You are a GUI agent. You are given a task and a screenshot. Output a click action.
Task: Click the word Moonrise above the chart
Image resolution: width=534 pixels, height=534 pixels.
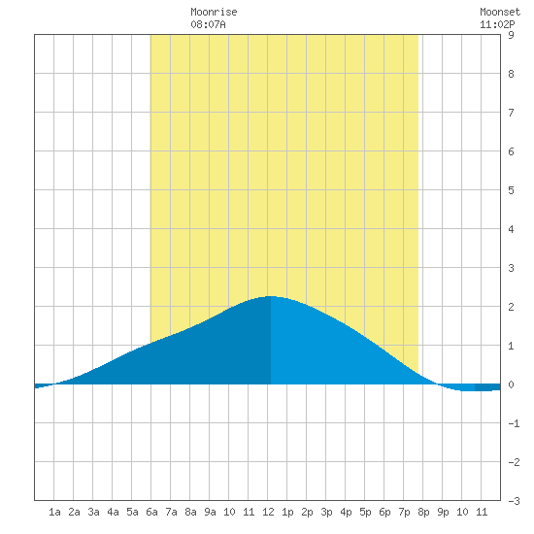click(x=214, y=12)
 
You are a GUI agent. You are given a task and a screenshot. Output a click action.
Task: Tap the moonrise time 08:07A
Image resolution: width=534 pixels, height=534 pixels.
click(x=208, y=24)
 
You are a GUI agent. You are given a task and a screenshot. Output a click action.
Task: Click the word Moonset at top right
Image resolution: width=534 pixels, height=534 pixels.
click(x=500, y=12)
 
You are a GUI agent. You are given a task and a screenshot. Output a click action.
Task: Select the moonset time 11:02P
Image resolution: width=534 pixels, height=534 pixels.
click(x=497, y=24)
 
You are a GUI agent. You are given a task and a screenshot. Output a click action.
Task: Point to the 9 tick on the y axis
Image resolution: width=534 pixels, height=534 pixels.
click(x=511, y=35)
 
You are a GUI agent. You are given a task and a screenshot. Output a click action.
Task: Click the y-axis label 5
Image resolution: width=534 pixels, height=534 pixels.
click(x=511, y=190)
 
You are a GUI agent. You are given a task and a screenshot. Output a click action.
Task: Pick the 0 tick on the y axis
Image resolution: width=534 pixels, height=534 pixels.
click(x=511, y=384)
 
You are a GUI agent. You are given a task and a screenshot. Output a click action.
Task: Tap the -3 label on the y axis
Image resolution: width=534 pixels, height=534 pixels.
click(x=514, y=501)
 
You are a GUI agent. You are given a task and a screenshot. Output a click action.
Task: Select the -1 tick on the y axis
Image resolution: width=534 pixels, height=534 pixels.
click(x=514, y=423)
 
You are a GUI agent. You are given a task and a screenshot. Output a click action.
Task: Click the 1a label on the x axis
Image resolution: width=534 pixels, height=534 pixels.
click(x=54, y=512)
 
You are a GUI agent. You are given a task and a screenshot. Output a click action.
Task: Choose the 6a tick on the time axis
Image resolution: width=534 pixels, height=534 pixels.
click(x=151, y=512)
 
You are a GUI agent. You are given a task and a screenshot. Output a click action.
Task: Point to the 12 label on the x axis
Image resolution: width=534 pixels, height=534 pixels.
click(x=268, y=512)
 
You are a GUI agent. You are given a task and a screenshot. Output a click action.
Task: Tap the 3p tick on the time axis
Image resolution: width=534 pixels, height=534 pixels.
click(x=326, y=512)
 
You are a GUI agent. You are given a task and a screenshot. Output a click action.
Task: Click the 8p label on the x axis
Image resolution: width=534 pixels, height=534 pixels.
click(x=423, y=512)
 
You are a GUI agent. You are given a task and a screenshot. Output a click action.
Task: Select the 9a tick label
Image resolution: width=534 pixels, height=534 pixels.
click(x=210, y=512)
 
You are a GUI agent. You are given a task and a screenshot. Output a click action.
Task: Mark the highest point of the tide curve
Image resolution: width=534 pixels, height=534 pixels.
click(x=271, y=296)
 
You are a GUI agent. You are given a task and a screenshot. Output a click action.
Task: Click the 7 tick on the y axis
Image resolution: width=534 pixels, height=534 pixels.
click(x=511, y=113)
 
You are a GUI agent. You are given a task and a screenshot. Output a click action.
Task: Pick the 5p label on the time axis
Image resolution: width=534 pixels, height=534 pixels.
click(x=365, y=512)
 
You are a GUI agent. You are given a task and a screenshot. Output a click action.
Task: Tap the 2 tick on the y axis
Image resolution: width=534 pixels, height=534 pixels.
click(x=511, y=307)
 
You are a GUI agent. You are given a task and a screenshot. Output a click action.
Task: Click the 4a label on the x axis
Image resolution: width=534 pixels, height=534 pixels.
click(x=113, y=512)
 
